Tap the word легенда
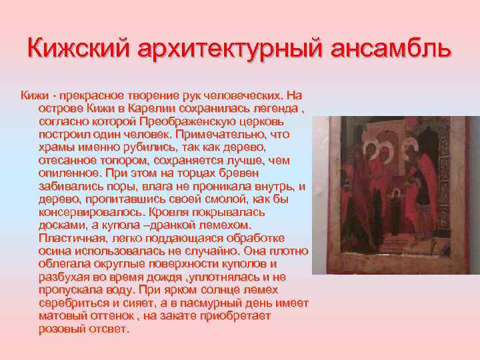click(268, 109)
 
